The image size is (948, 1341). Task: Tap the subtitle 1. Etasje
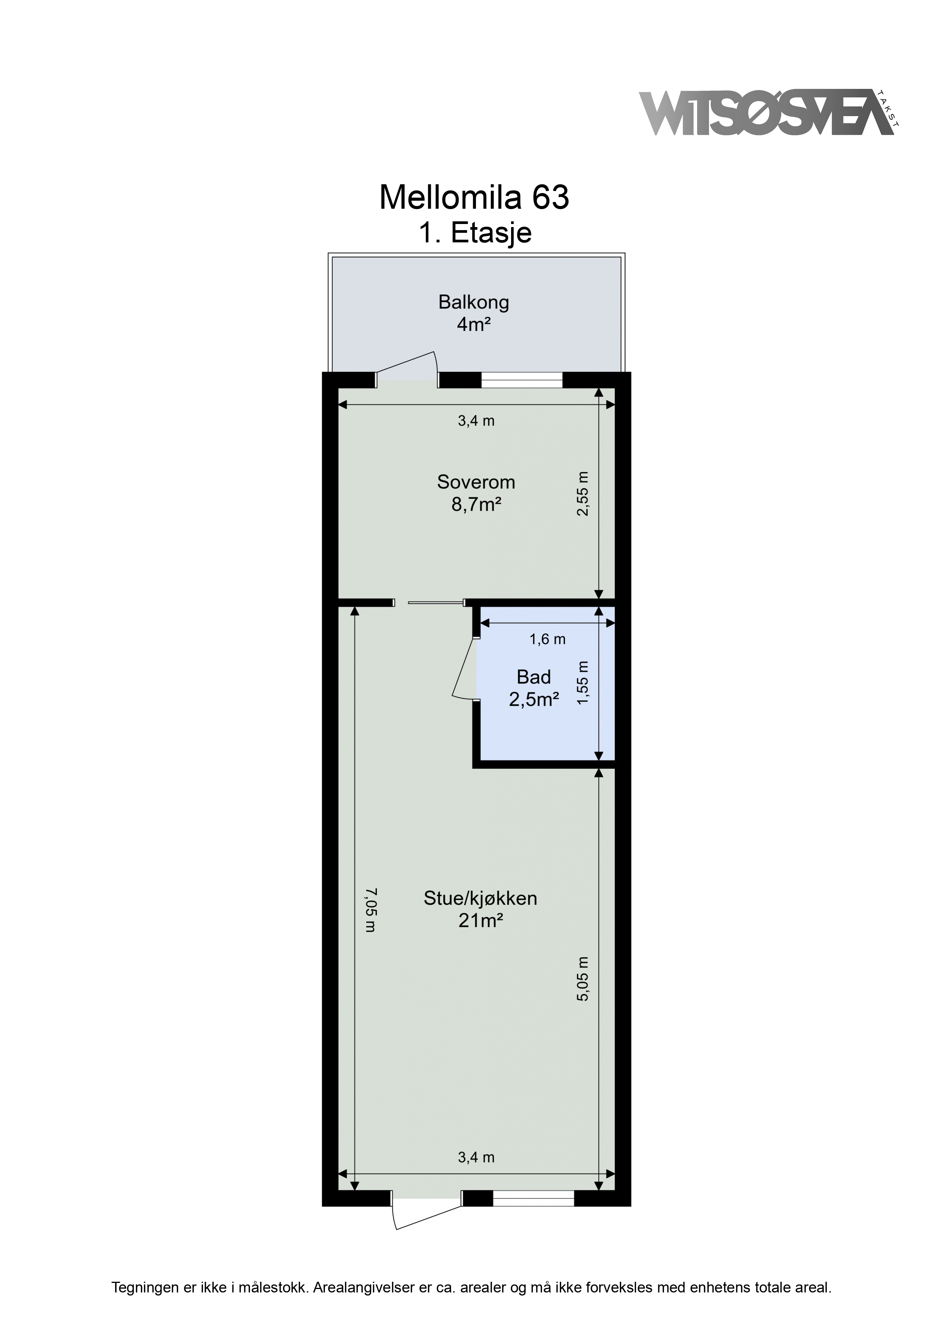[x=475, y=233]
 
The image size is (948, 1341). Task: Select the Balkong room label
[x=474, y=302]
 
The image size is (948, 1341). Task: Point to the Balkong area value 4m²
[x=473, y=324]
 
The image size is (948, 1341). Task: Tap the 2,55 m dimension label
[x=583, y=494]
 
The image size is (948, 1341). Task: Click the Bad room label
[x=533, y=677]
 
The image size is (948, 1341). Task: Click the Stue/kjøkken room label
[x=480, y=898]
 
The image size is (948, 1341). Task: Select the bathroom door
[x=466, y=667]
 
